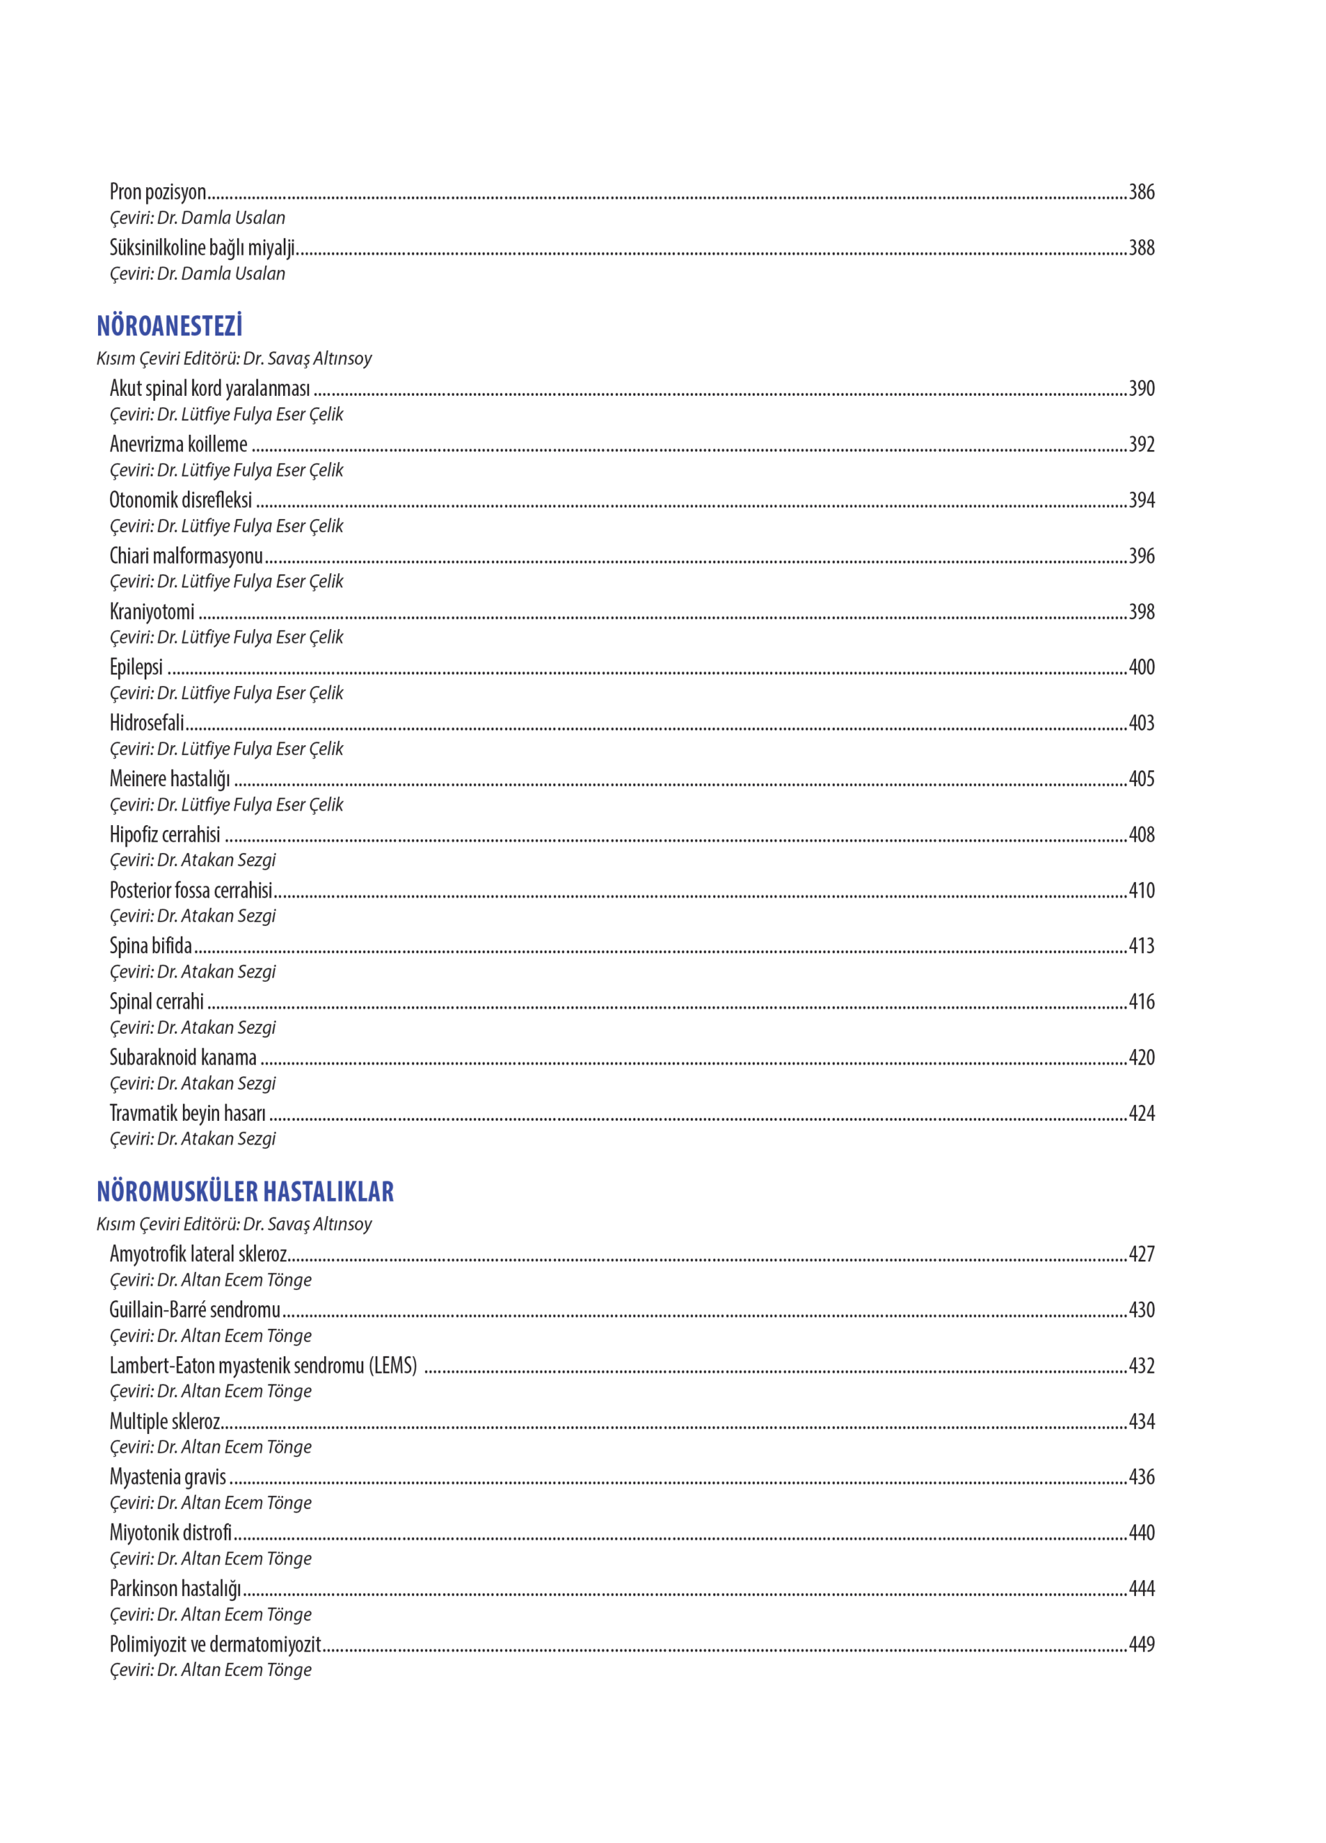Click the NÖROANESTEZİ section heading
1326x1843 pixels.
coord(169,326)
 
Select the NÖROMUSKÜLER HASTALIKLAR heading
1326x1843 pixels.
coord(245,1191)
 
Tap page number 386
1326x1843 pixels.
coord(1141,191)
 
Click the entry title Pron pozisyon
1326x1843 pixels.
coord(158,191)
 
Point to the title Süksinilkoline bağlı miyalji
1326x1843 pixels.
coord(202,247)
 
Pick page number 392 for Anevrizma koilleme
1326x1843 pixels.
coord(1141,443)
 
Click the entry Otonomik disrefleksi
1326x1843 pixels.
coord(181,500)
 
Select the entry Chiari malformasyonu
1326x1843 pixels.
coord(186,556)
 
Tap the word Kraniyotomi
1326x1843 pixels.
coord(152,611)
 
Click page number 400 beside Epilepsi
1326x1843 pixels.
coord(1141,667)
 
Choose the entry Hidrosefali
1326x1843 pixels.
coord(147,722)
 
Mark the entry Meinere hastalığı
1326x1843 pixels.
coord(170,778)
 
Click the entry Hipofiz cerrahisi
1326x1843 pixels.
coord(165,834)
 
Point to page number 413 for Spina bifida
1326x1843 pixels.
coord(1141,946)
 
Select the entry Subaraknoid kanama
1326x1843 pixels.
coord(183,1058)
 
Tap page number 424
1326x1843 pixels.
coord(1141,1113)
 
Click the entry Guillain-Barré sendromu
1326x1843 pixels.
coord(194,1310)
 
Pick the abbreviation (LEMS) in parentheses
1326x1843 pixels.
coord(393,1365)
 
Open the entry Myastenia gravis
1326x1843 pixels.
coord(168,1477)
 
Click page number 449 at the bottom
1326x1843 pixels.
coord(1141,1644)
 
